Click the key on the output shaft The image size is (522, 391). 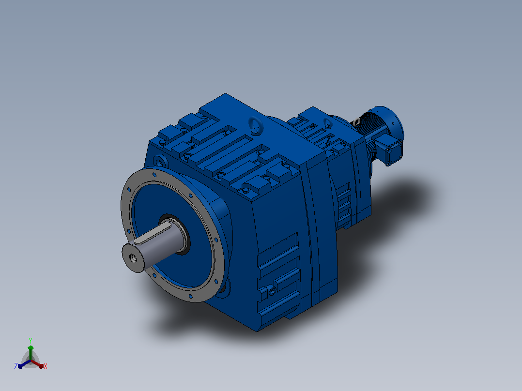(x=153, y=234)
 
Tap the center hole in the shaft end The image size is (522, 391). (x=133, y=258)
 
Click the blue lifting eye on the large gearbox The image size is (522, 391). (x=256, y=125)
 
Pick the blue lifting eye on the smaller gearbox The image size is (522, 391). (x=327, y=123)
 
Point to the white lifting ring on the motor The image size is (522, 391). (x=357, y=121)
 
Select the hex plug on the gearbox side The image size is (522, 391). (x=272, y=290)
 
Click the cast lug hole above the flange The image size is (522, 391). (x=160, y=163)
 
